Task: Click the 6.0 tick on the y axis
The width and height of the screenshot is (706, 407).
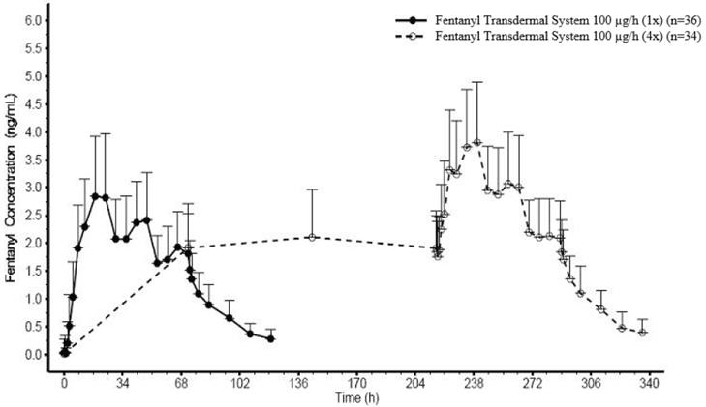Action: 35,20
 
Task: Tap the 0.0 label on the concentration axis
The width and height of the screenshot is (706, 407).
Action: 35,355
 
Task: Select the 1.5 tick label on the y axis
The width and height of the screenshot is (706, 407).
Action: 35,271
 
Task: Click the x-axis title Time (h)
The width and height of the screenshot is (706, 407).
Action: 356,397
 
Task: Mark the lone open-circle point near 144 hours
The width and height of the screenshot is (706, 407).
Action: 312,237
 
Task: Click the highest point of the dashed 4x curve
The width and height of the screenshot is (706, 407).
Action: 477,142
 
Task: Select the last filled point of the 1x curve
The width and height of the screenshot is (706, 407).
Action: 270,338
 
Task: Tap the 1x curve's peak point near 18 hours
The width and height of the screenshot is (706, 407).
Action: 95,196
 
